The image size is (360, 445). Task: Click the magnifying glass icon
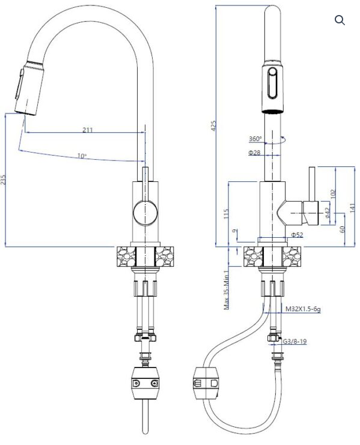[340, 20]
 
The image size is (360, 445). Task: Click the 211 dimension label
[88, 130]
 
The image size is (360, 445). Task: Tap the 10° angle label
[82, 156]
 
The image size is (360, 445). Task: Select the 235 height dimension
[3, 180]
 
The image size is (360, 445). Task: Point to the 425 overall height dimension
[213, 126]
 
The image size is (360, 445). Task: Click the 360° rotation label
[255, 139]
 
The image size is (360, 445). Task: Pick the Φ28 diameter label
[254, 153]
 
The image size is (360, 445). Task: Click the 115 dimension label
[226, 214]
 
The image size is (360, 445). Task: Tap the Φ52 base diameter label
[297, 235]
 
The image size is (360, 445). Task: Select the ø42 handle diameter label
[327, 212]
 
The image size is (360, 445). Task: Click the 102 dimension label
[334, 194]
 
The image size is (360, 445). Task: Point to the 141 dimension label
[352, 208]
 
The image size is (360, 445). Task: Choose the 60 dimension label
[342, 229]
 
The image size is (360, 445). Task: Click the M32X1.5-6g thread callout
[303, 309]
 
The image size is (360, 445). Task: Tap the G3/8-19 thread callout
[295, 341]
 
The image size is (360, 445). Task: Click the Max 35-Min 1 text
[227, 290]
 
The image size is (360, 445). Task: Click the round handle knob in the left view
[145, 213]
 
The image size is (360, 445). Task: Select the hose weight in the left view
[145, 383]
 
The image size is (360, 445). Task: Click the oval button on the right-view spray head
[273, 83]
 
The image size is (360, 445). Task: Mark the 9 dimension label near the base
[234, 231]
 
